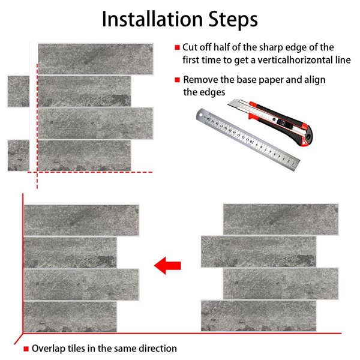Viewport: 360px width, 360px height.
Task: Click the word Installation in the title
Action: point(149,19)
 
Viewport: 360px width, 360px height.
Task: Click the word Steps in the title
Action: point(231,19)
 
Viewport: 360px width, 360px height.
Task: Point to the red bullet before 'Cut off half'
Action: point(177,47)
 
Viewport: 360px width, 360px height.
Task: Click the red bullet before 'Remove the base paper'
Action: point(177,80)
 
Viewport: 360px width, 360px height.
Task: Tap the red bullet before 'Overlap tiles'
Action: point(26,349)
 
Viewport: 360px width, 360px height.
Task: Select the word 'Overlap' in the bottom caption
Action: point(47,348)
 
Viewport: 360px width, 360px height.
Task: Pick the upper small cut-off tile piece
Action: point(18,91)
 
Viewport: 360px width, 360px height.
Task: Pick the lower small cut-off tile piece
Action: point(18,155)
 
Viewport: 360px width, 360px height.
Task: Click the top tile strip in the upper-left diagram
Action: point(94,59)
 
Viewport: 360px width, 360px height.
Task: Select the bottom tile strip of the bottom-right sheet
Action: point(258,316)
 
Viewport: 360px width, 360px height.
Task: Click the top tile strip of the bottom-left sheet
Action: point(81,220)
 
